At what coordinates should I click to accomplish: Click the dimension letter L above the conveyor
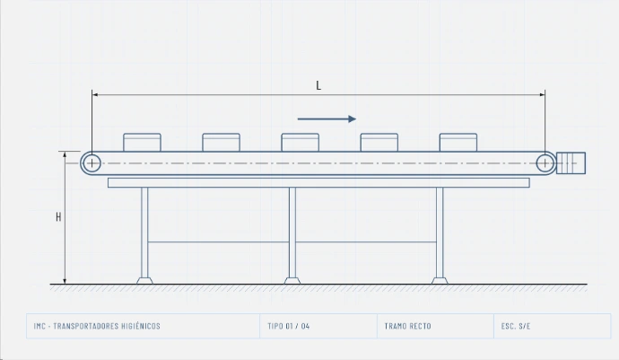(x=318, y=85)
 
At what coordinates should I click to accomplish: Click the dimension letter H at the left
(x=58, y=216)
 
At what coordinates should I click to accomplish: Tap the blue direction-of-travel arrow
(x=327, y=119)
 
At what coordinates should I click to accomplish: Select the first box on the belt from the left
(x=142, y=142)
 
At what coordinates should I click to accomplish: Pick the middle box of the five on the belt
(x=300, y=142)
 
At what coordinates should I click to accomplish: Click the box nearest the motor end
(x=458, y=142)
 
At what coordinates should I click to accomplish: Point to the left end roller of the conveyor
(x=92, y=162)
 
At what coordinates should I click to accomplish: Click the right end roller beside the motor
(x=545, y=162)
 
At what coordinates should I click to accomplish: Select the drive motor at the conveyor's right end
(x=571, y=162)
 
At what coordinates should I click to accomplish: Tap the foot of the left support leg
(x=144, y=281)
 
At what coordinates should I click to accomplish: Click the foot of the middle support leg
(x=292, y=281)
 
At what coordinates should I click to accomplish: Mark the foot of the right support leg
(x=440, y=281)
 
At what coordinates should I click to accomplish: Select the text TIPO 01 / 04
(x=289, y=326)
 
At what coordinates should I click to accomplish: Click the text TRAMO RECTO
(x=408, y=326)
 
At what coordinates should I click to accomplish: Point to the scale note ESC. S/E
(x=516, y=326)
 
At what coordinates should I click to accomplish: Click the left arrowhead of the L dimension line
(x=95, y=95)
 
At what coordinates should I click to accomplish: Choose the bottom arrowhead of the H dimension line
(x=65, y=281)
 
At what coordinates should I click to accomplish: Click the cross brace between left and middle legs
(x=218, y=241)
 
